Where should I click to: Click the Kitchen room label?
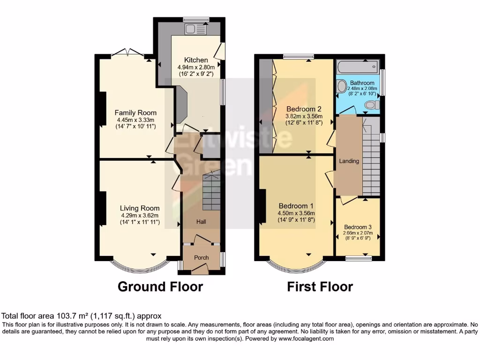[x=196, y=60]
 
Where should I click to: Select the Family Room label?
[x=135, y=112]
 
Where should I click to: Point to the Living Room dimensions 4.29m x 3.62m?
[x=140, y=216]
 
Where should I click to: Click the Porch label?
[x=202, y=257]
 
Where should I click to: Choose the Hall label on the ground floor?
[x=201, y=222]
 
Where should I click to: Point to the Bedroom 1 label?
[x=296, y=206]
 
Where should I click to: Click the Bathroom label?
[x=362, y=83]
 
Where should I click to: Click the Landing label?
[x=349, y=161]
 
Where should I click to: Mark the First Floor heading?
[x=320, y=286]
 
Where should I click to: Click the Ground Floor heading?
[x=160, y=286]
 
